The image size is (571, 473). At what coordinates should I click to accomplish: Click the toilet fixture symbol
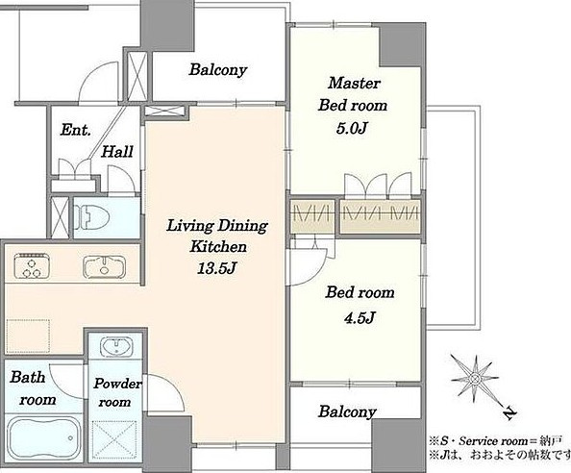coord(91,217)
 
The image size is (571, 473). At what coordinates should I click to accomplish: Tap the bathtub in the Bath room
coord(44,437)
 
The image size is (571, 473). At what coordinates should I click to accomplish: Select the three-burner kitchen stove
coord(32,265)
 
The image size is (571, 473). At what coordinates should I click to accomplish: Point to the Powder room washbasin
coord(116,347)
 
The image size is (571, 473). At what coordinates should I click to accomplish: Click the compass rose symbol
coord(475,379)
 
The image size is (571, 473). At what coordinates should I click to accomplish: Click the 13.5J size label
coord(217,269)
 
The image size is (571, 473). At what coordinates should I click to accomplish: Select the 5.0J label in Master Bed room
coord(351,128)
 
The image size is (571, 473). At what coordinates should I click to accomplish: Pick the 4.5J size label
coord(360,318)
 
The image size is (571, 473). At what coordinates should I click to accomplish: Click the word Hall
coord(117,152)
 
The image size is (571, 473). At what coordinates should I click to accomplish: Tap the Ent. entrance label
coord(75,130)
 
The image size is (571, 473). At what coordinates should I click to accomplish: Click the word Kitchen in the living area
coord(218,247)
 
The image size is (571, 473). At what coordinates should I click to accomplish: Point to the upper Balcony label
coord(218,69)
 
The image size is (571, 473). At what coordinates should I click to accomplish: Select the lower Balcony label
coord(347,411)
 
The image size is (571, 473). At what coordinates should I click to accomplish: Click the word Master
coord(354,83)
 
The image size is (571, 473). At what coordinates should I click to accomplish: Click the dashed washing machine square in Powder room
coord(114,440)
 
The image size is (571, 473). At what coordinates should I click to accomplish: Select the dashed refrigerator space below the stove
coord(28,336)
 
